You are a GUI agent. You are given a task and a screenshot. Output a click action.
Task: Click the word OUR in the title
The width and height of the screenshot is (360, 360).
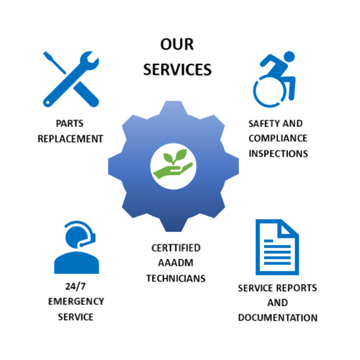pyautogui.click(x=177, y=45)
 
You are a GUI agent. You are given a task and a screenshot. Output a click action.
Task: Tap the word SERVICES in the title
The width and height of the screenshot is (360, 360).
pyautogui.click(x=177, y=69)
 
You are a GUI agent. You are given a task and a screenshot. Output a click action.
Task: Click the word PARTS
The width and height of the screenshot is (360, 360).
pyautogui.click(x=70, y=123)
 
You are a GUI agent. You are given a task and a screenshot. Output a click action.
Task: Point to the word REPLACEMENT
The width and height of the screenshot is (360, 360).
pyautogui.click(x=71, y=138)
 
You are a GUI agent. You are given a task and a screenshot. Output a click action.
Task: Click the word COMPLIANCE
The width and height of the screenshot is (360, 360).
pyautogui.click(x=278, y=138)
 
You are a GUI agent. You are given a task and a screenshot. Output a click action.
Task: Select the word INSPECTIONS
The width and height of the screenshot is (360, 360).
pyautogui.click(x=278, y=153)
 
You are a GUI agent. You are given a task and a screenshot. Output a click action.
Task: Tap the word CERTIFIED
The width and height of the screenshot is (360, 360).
pyautogui.click(x=176, y=248)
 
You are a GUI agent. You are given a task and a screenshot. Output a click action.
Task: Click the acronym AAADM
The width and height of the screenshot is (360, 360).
pyautogui.click(x=176, y=263)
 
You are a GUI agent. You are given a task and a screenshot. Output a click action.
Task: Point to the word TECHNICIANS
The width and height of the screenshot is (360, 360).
pyautogui.click(x=176, y=278)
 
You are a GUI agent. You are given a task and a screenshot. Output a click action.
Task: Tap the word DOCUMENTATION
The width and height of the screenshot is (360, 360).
pyautogui.click(x=277, y=317)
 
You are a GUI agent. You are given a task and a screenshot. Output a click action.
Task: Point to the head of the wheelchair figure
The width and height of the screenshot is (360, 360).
pyautogui.click(x=288, y=57)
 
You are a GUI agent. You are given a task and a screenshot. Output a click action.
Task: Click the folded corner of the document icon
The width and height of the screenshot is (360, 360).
pyautogui.click(x=290, y=228)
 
